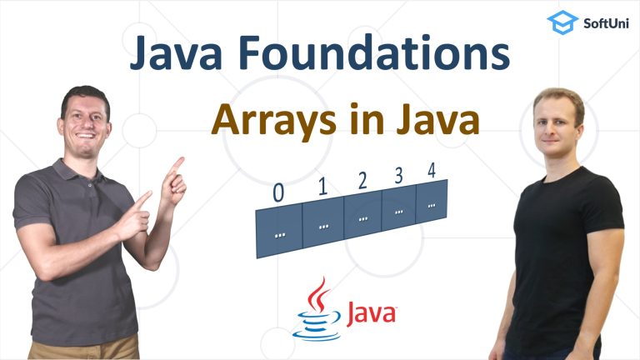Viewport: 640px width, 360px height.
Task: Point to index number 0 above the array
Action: point(278,192)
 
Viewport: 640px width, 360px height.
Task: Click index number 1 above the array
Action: point(322,186)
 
